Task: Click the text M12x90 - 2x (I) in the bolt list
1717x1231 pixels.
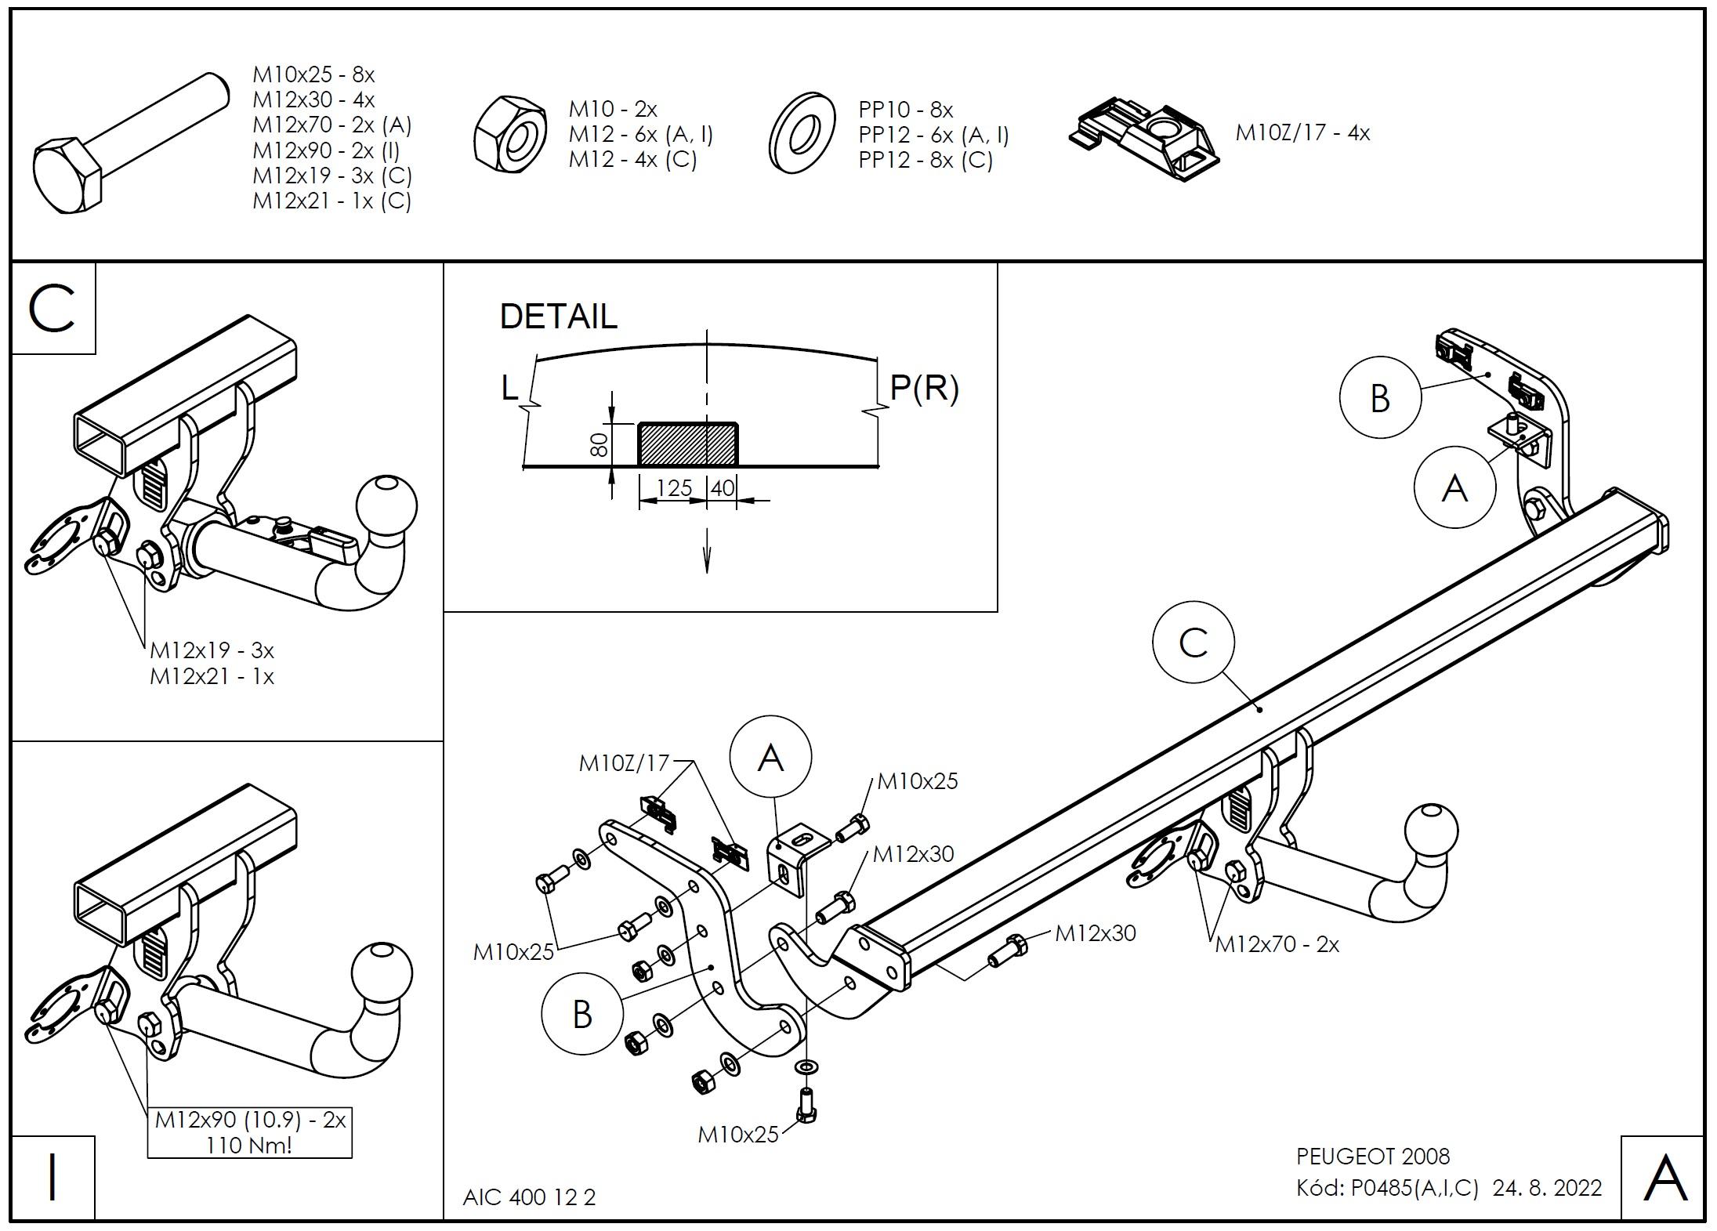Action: [x=325, y=150]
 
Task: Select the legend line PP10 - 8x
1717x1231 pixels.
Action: [x=905, y=110]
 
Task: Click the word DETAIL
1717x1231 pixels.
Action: [x=558, y=317]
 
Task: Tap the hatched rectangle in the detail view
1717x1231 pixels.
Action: [x=687, y=444]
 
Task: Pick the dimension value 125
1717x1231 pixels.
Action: [x=673, y=488]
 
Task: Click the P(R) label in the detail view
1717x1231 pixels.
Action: [x=924, y=388]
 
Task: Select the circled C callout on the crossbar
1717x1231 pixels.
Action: [x=1193, y=643]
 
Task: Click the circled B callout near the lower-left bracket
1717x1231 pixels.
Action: [x=581, y=1014]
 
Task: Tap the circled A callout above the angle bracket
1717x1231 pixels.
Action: [x=770, y=757]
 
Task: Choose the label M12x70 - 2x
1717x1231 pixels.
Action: [x=1277, y=944]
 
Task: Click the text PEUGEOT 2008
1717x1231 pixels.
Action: [x=1373, y=1157]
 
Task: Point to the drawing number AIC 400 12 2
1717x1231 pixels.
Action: [x=529, y=1197]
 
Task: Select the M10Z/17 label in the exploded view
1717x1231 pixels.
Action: [x=624, y=762]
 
